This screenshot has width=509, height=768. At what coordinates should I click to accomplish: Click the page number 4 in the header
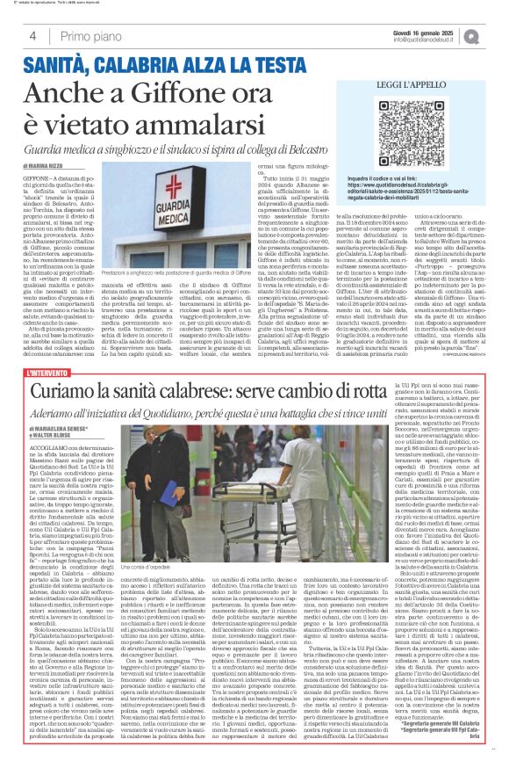(32, 36)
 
